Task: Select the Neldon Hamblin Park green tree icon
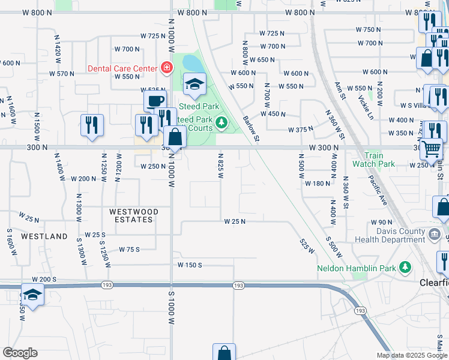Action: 406,266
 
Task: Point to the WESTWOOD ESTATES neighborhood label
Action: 134,215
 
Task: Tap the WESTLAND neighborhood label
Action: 44,236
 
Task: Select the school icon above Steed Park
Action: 194,84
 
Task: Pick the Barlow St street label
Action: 251,128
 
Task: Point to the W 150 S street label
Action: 190,265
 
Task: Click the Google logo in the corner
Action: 20,353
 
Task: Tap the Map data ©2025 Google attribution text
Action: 412,355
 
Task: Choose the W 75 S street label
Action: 129,249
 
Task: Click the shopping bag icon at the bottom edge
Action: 224,352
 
